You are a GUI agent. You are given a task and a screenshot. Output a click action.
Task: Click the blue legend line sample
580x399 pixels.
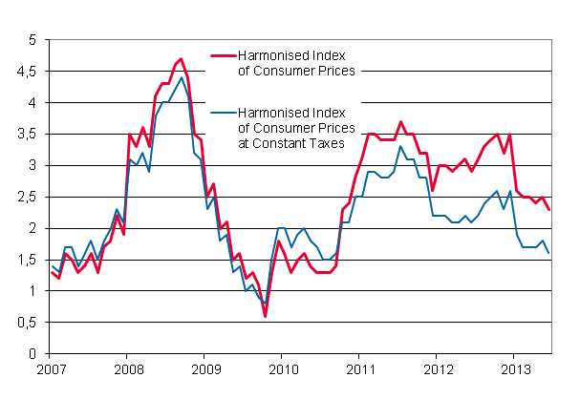(226, 112)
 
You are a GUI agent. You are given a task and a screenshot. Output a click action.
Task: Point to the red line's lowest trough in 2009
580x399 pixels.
(265, 316)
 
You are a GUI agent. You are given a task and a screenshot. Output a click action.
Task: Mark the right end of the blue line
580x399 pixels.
(548, 253)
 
